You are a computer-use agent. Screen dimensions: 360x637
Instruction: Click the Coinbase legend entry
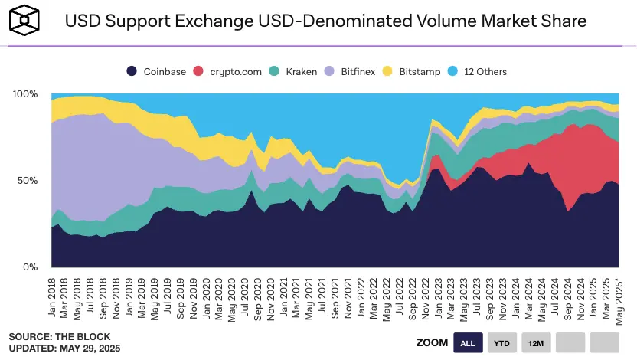(x=156, y=71)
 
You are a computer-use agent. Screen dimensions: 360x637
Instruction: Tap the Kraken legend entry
(x=294, y=71)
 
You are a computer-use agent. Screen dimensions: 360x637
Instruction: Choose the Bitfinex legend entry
(x=353, y=71)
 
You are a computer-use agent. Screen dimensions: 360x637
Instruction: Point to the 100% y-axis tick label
(x=25, y=93)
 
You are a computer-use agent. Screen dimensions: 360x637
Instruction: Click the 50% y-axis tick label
(x=28, y=181)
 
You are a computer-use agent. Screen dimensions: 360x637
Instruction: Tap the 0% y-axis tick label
(x=31, y=267)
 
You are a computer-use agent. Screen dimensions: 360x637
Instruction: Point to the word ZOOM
(x=432, y=342)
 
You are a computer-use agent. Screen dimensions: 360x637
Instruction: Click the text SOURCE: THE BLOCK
(x=59, y=337)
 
